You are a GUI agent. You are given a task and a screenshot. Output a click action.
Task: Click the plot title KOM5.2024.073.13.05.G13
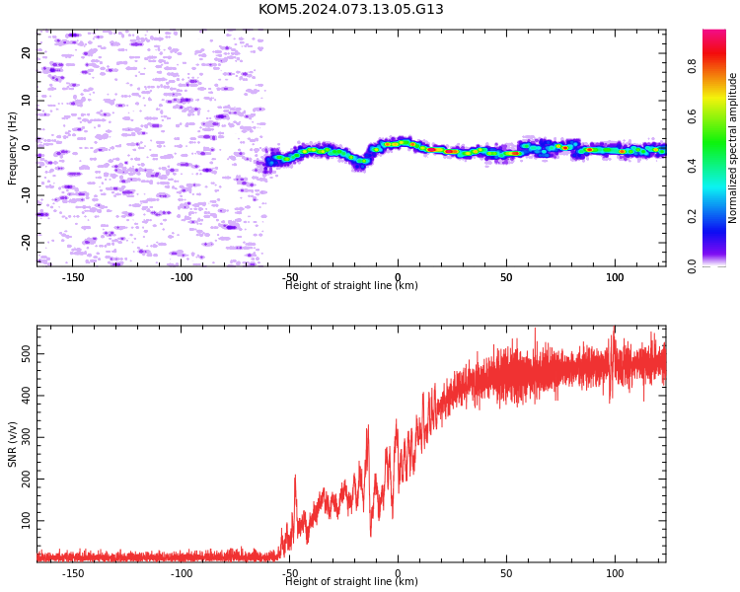click(350, 9)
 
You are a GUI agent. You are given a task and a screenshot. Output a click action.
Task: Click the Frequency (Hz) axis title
click(12, 148)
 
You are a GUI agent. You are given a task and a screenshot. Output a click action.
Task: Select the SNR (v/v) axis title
click(12, 444)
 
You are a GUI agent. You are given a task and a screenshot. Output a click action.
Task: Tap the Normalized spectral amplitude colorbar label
click(732, 148)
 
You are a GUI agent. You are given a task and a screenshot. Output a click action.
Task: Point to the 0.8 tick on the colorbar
click(692, 66)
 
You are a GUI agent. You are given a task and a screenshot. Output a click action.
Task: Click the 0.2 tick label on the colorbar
click(692, 216)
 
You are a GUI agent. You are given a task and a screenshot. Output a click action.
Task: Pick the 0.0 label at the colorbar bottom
click(692, 266)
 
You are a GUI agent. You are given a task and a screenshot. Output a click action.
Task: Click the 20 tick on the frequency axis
click(26, 53)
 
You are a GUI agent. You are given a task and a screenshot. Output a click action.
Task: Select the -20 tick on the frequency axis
click(26, 243)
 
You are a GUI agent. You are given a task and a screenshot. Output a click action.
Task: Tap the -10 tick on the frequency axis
click(26, 195)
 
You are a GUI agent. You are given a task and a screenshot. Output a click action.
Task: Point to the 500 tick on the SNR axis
click(26, 354)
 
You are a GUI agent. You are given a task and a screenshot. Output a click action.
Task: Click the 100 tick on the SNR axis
click(26, 521)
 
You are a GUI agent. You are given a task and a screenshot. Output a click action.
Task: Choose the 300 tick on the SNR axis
click(26, 437)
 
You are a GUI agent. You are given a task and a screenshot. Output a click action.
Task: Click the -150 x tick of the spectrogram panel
click(73, 277)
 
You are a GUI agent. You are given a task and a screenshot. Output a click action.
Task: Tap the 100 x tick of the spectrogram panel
click(615, 277)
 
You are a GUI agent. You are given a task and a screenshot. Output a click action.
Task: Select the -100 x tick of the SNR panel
click(182, 573)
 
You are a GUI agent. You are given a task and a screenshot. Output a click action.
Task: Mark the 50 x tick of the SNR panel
click(506, 573)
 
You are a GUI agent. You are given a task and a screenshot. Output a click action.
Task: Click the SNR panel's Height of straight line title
click(351, 581)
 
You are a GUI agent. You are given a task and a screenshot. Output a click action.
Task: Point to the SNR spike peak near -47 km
click(295, 476)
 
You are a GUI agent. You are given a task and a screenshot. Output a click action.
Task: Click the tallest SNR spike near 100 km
click(614, 327)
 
